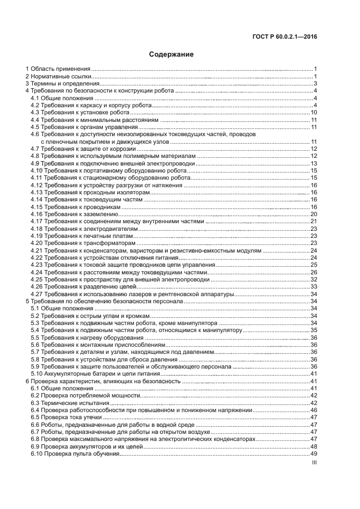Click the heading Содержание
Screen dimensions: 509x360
[172, 54]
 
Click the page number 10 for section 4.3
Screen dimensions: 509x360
[314, 113]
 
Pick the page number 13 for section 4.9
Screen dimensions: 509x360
[314, 164]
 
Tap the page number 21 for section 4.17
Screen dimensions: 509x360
[314, 222]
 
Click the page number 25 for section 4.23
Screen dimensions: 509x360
[314, 265]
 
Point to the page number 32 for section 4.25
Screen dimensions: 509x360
[314, 279]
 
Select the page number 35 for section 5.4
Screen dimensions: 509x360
[314, 330]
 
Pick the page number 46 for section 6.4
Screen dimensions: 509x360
[314, 410]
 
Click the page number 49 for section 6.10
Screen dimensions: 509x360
[314, 453]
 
